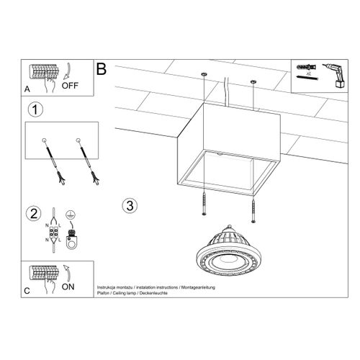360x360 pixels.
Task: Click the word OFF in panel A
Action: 70,84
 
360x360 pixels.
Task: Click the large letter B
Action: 102,69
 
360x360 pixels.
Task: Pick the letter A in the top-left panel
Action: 27,90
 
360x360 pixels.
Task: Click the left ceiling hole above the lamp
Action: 204,75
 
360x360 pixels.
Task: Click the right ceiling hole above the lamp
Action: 253,82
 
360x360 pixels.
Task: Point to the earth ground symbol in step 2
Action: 69,216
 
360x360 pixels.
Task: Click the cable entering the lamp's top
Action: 229,90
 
